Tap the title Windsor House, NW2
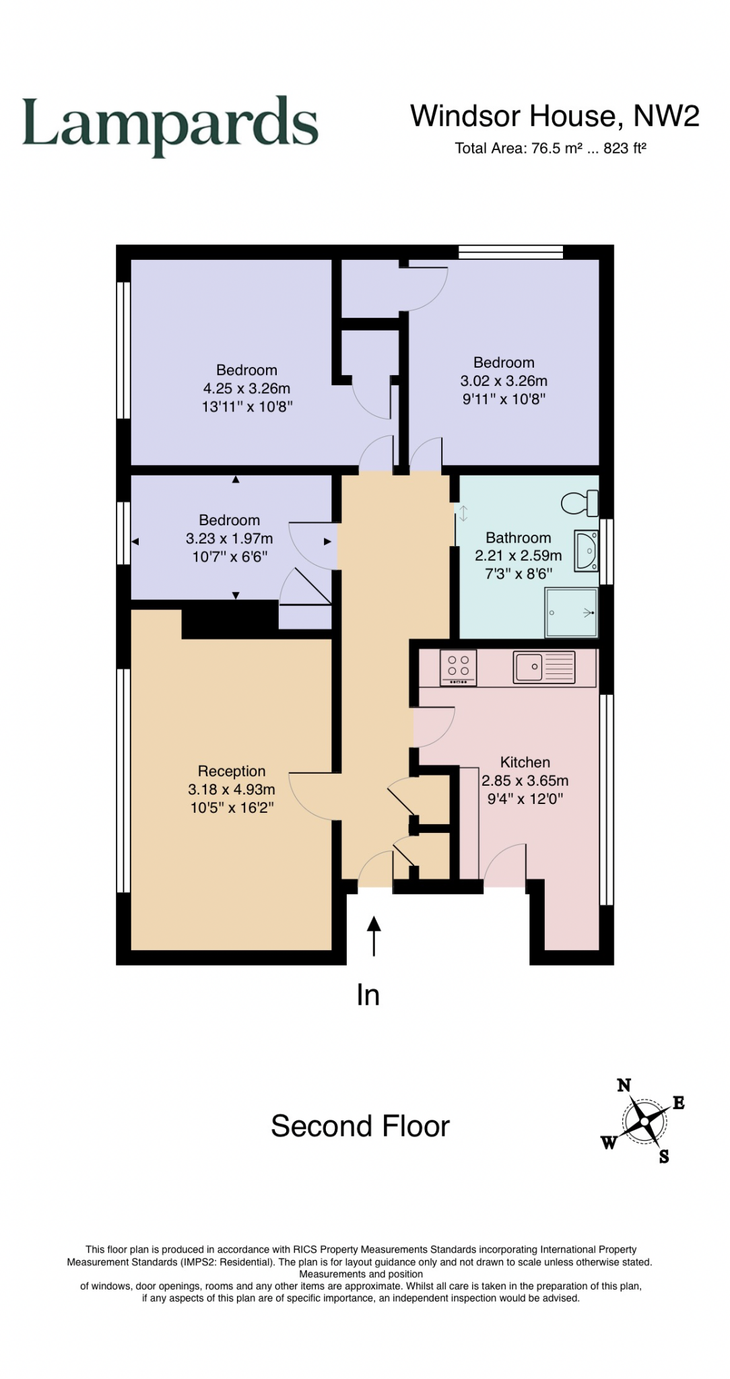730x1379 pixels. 554,116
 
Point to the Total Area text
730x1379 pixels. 550,148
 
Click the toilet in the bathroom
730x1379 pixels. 580,502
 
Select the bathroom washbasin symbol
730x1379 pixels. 586,550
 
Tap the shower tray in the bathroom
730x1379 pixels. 571,613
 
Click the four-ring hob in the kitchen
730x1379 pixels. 459,667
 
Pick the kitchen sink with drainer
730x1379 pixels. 544,667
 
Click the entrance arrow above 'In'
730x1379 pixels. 374,936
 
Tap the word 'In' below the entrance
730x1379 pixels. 368,995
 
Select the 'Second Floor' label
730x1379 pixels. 360,1126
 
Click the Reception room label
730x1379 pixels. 232,772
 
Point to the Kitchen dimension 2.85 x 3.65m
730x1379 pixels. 525,781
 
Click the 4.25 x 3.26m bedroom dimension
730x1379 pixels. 246,389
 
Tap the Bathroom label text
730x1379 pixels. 518,538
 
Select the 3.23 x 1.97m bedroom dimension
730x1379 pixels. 229,539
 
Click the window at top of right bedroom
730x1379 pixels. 510,253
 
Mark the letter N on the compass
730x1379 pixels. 624,1085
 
